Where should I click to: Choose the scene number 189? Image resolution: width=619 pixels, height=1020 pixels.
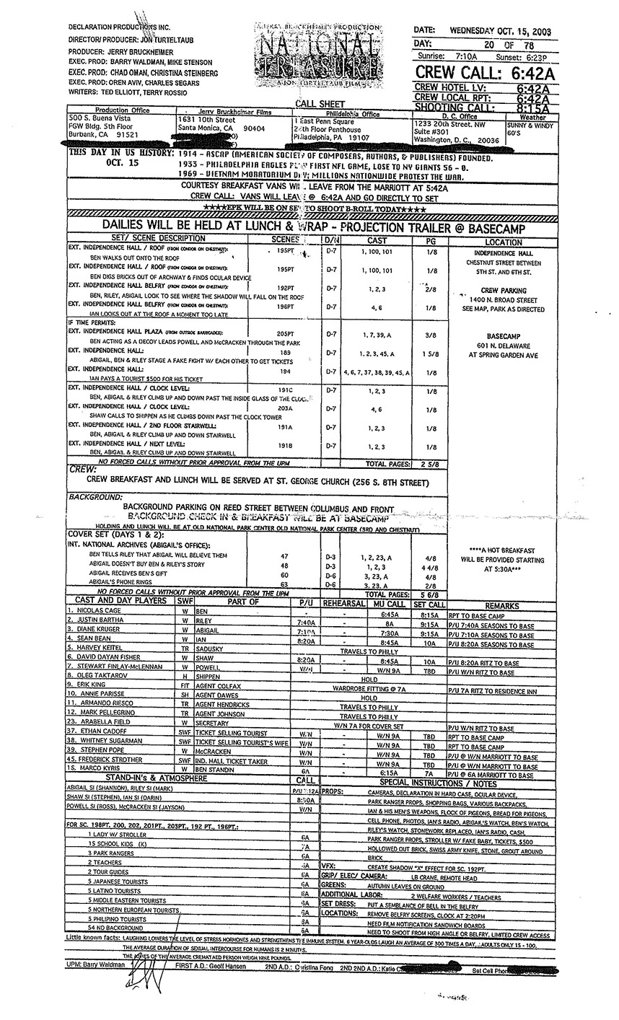click(x=285, y=352)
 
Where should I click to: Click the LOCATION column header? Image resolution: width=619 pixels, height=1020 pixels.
click(x=504, y=242)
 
